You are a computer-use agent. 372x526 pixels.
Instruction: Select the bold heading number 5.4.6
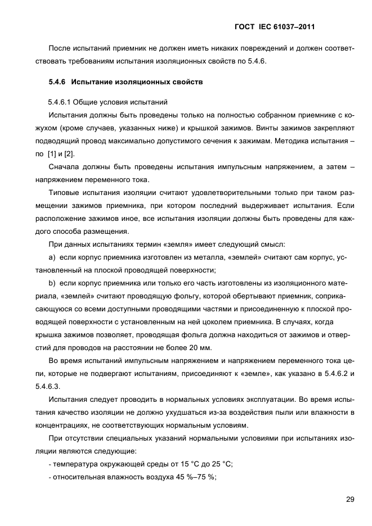[x=57, y=82]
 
